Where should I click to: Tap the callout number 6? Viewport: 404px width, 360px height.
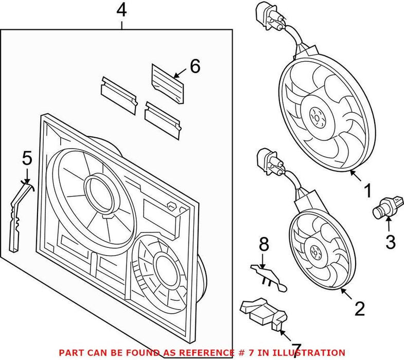(195, 66)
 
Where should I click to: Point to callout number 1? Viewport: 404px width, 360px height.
(367, 192)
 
